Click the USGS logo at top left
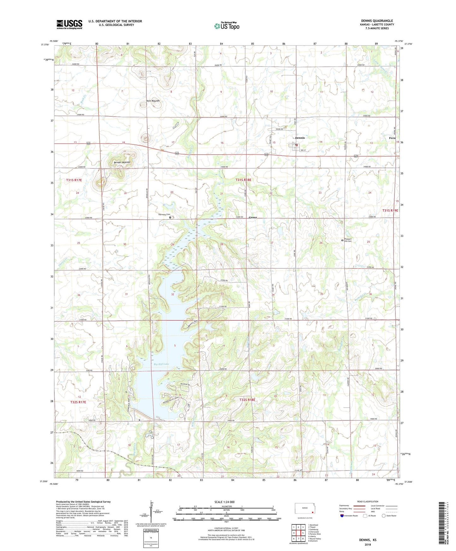point(69,24)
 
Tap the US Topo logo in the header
point(227,26)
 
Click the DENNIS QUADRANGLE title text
point(377,21)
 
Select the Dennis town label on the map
point(300,138)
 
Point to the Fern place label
point(392,138)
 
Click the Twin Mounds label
point(153,101)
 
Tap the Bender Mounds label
point(122,162)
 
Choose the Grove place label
point(253,217)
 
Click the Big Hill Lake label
point(161,364)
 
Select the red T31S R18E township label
point(243,180)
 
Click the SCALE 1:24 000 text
point(224,502)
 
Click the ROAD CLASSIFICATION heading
point(368,501)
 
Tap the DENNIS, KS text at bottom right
point(368,540)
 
